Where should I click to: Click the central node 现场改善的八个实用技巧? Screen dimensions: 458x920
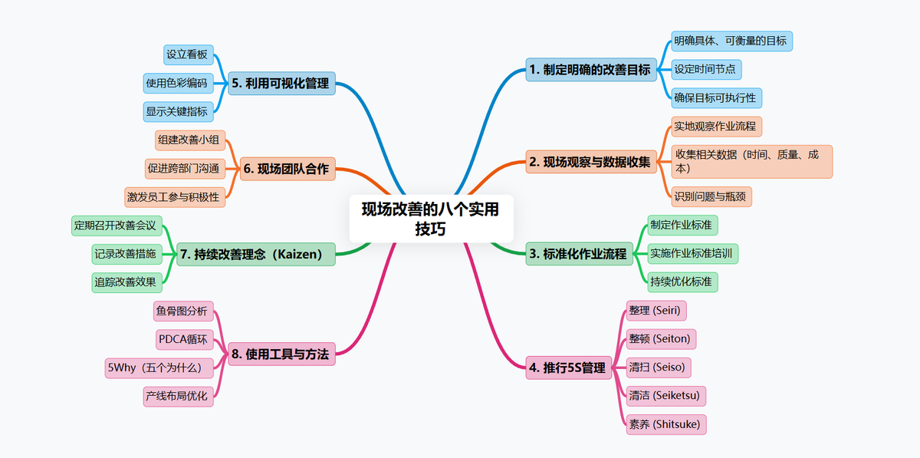[x=430, y=219]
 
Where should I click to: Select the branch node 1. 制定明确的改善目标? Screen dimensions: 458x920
[x=590, y=70]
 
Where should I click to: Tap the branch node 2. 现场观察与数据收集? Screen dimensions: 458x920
[x=590, y=162]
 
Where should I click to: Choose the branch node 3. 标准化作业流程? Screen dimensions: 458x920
[x=578, y=254]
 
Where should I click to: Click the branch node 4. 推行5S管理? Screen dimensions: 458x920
[x=567, y=368]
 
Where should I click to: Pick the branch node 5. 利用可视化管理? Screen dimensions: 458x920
[x=281, y=84]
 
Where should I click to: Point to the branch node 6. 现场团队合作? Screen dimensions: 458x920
[x=287, y=169]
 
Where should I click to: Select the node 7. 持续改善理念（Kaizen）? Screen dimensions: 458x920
[x=256, y=254]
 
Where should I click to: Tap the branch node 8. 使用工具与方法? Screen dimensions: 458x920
[x=281, y=354]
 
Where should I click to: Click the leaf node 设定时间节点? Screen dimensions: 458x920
[x=705, y=69]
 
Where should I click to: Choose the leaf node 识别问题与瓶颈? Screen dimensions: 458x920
[x=711, y=196]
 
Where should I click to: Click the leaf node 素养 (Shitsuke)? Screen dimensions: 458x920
[x=664, y=424]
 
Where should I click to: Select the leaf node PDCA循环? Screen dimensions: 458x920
[x=182, y=339]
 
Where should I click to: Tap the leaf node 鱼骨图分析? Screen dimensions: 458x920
[x=181, y=311]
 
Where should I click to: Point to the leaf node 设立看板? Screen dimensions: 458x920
[x=187, y=54]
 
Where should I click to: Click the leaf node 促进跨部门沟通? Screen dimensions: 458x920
[x=182, y=168]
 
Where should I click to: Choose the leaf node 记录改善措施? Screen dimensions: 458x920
[x=125, y=253]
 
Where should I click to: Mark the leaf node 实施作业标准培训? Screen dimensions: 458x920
[x=692, y=253]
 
